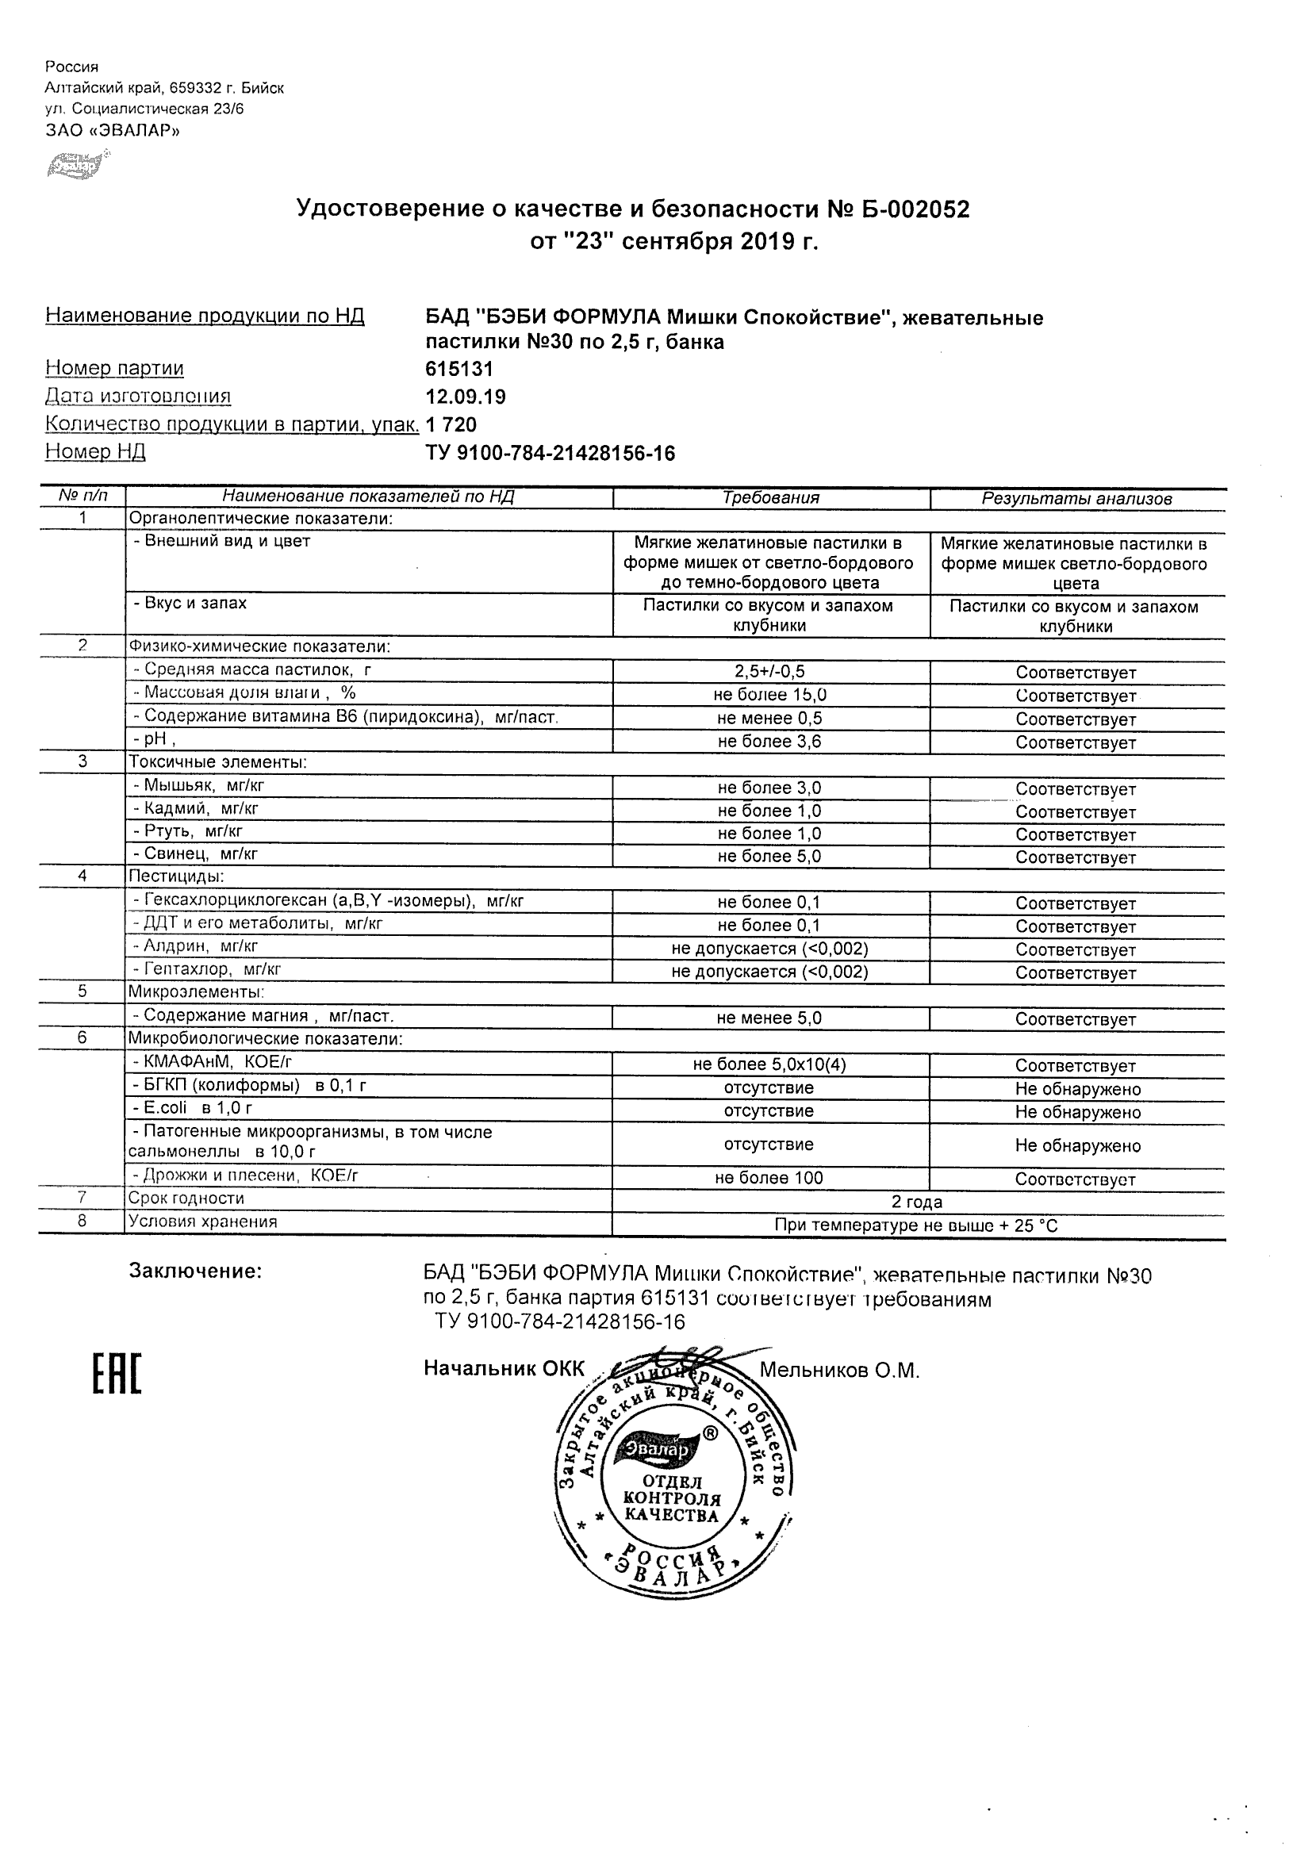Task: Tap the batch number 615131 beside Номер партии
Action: (x=459, y=369)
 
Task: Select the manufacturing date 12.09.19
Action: (x=466, y=397)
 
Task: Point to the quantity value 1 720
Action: (x=451, y=425)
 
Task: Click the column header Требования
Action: (x=770, y=498)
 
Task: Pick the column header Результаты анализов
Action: (x=1076, y=499)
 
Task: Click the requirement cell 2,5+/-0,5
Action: (x=769, y=672)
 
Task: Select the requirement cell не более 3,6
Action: (x=769, y=742)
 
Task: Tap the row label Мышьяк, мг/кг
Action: (x=199, y=785)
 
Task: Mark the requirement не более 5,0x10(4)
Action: (x=769, y=1065)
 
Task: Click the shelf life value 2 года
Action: (x=917, y=1202)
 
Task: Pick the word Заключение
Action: (x=196, y=1271)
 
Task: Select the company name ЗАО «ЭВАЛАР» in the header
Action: (x=113, y=131)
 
